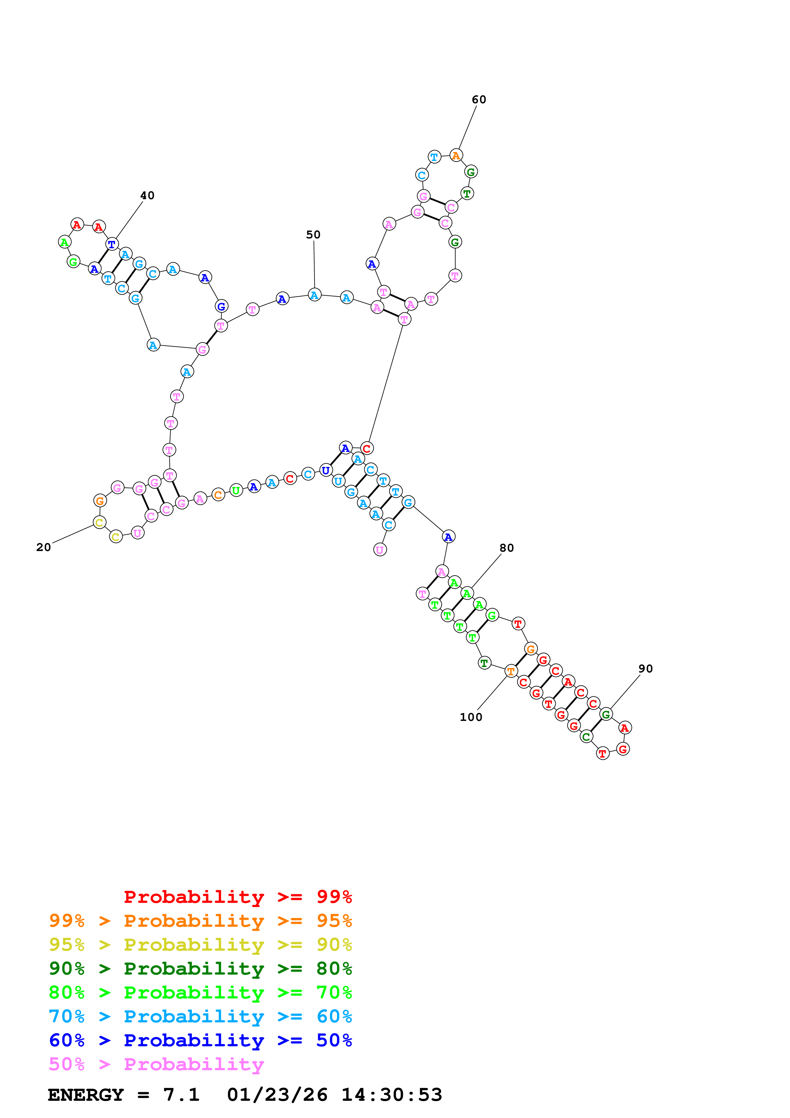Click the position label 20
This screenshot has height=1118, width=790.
(x=43, y=547)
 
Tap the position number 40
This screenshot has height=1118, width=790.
(x=147, y=195)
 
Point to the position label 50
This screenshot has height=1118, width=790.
(x=313, y=235)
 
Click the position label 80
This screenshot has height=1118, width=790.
(x=506, y=548)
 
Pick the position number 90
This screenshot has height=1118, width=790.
(x=645, y=669)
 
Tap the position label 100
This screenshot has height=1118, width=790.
(x=471, y=717)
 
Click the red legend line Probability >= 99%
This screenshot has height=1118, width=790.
(x=237, y=897)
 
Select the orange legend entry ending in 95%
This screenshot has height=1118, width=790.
(x=200, y=920)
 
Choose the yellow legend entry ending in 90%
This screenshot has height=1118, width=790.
(x=200, y=944)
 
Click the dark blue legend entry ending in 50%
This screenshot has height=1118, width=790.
(x=200, y=1040)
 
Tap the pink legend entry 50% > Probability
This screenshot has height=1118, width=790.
(x=156, y=1064)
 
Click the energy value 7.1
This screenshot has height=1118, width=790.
(x=181, y=1095)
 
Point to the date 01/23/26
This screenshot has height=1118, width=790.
(x=277, y=1095)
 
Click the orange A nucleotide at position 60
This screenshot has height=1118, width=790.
(x=456, y=156)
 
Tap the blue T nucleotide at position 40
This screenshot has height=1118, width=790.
(x=112, y=244)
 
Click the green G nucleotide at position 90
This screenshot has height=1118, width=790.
(x=605, y=714)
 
